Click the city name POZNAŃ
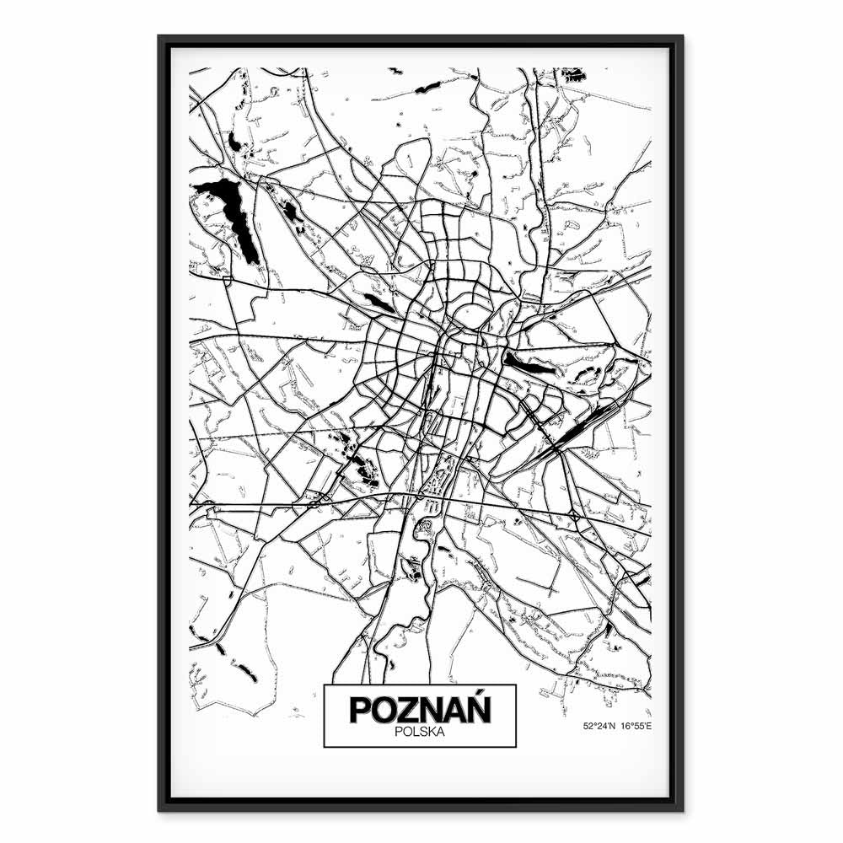(x=420, y=710)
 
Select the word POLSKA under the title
(x=420, y=733)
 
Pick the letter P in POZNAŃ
(x=359, y=710)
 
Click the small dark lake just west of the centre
(x=379, y=303)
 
